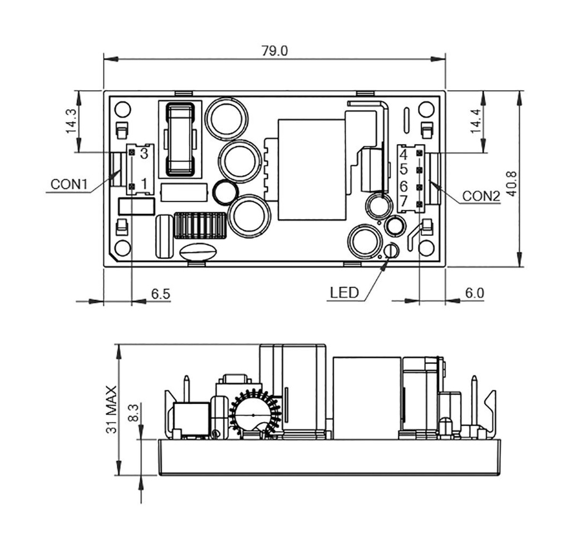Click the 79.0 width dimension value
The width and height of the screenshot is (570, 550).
[x=274, y=51]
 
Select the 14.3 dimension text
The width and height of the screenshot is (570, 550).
[x=71, y=121]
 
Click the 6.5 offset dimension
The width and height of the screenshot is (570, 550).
[x=161, y=294]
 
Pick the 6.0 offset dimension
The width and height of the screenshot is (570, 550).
[x=475, y=293]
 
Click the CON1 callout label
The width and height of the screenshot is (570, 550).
[x=69, y=184]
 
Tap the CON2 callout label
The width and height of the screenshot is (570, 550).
[x=481, y=196]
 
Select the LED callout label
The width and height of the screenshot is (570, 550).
[x=344, y=293]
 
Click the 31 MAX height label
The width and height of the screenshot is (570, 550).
[x=111, y=409]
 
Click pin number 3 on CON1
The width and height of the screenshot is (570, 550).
[x=144, y=153]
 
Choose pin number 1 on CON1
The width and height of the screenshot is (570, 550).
[x=144, y=184]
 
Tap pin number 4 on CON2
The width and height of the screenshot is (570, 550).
[x=404, y=155]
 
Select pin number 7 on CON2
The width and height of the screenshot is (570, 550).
[x=404, y=201]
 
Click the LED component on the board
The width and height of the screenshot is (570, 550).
[x=391, y=251]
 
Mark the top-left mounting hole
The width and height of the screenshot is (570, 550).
[x=122, y=110]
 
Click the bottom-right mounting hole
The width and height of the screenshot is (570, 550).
[x=426, y=248]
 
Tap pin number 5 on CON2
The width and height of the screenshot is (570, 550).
[x=404, y=169]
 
